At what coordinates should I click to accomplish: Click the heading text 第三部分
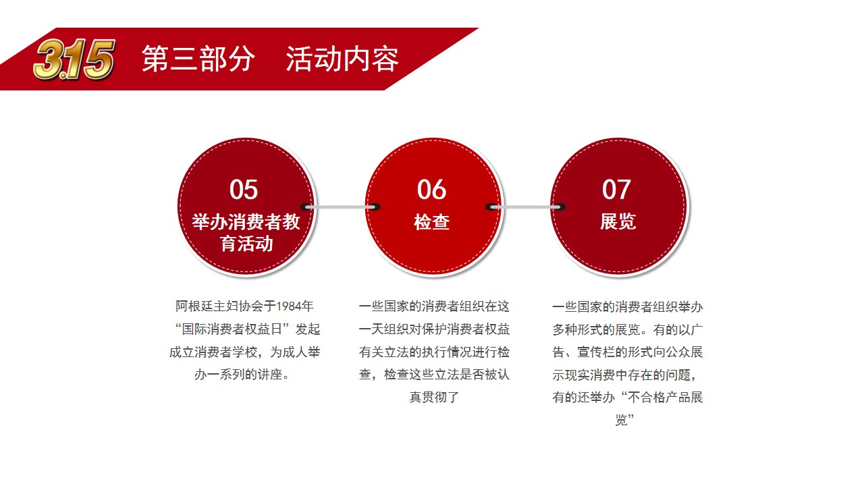click(198, 59)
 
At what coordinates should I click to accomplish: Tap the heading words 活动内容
click(342, 59)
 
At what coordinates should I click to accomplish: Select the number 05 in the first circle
click(244, 190)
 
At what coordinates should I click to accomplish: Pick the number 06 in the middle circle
click(431, 190)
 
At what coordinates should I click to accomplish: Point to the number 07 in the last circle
click(616, 190)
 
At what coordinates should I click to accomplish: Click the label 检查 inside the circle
click(431, 222)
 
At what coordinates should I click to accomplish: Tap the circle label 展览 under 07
click(618, 222)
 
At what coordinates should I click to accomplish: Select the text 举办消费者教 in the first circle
click(246, 222)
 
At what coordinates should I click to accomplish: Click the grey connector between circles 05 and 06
click(340, 207)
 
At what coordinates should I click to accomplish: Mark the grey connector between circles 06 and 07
click(525, 207)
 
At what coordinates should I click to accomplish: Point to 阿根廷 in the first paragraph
click(194, 306)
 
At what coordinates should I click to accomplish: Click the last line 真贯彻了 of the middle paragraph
click(434, 397)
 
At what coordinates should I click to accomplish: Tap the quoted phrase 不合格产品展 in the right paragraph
click(666, 398)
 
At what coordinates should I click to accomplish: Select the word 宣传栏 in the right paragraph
click(596, 352)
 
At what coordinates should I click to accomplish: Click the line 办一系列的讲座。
click(242, 375)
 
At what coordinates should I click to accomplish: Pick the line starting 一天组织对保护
click(434, 329)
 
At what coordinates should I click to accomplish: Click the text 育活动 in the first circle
click(246, 244)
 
